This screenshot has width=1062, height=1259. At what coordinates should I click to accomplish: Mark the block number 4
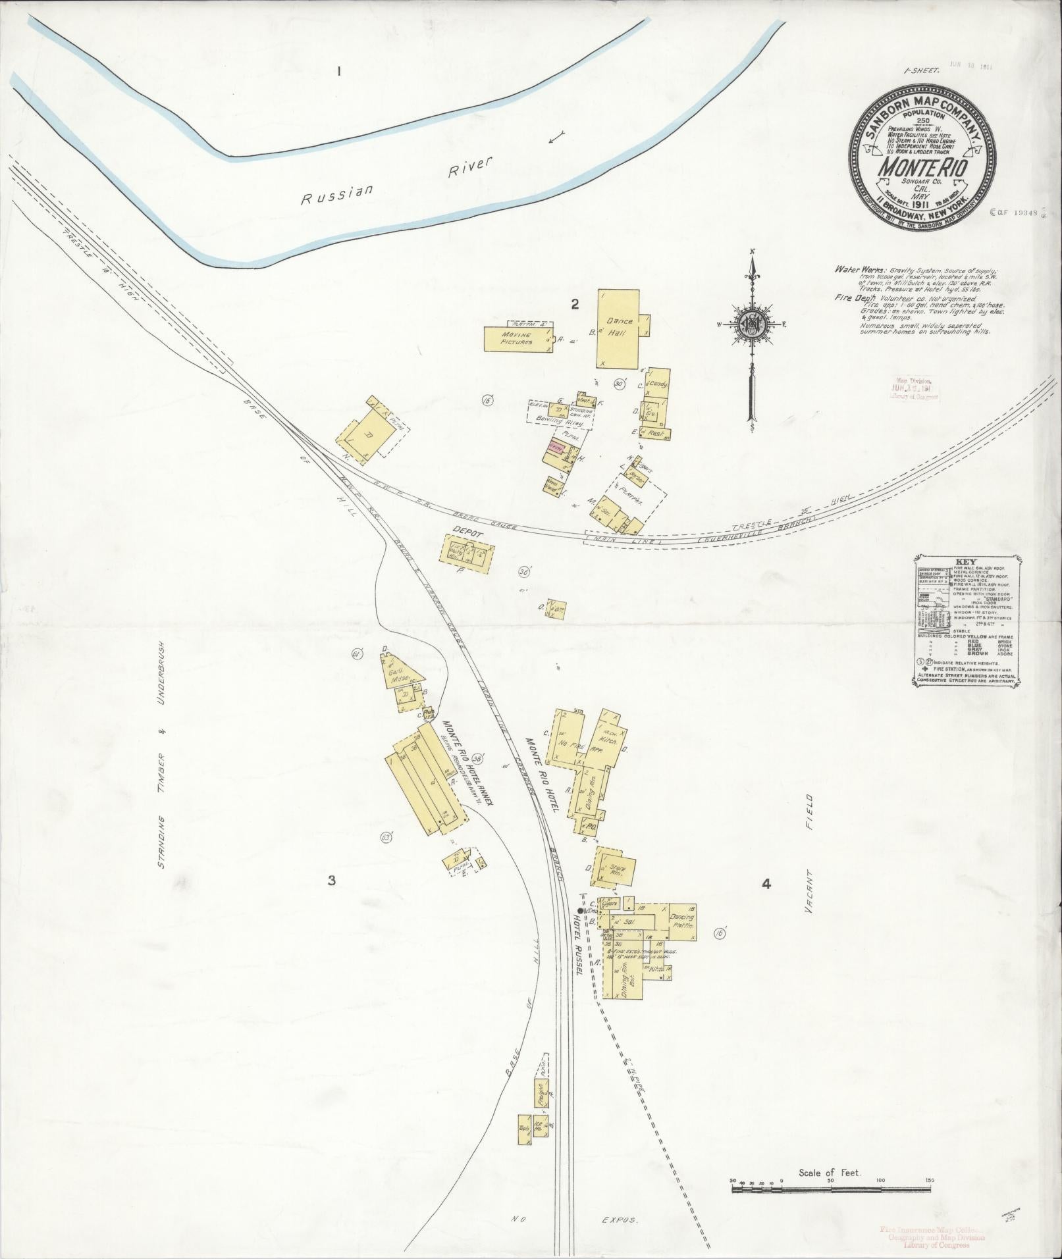tap(766, 884)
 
